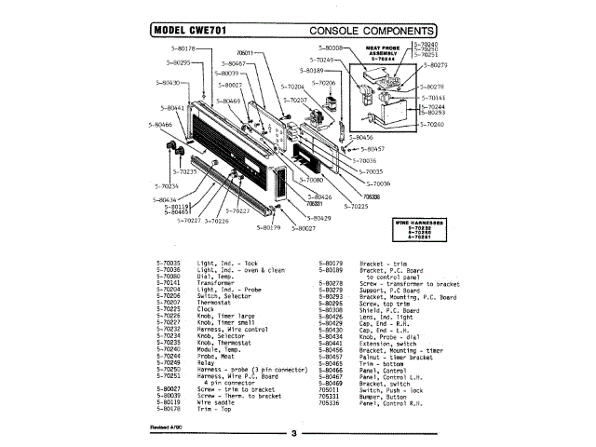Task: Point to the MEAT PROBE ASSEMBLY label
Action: pos(383,52)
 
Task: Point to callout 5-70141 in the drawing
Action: pos(433,97)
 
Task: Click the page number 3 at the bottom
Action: pos(291,433)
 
